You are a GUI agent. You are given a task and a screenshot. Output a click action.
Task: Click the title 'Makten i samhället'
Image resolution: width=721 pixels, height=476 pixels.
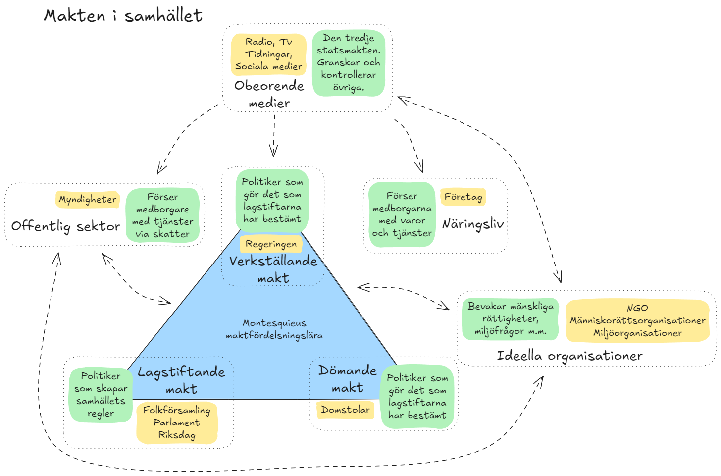click(x=123, y=16)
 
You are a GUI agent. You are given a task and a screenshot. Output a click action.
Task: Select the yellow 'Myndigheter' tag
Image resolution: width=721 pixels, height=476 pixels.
click(x=88, y=199)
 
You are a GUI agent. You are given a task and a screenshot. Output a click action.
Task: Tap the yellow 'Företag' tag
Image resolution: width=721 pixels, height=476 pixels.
click(x=463, y=197)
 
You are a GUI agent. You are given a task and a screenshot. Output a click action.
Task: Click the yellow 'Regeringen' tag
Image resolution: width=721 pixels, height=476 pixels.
click(x=271, y=244)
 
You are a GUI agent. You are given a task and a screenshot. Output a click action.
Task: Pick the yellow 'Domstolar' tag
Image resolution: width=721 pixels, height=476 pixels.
click(x=345, y=410)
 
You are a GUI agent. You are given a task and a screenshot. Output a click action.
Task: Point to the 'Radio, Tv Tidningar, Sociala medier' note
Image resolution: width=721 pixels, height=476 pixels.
click(x=268, y=54)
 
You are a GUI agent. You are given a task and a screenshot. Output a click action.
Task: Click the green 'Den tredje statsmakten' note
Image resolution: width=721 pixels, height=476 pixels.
click(x=349, y=63)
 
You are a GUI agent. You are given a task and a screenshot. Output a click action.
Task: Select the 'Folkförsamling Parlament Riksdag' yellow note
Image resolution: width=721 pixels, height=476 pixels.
click(x=177, y=423)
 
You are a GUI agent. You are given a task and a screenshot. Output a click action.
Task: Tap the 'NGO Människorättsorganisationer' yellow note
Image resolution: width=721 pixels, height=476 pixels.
click(x=637, y=320)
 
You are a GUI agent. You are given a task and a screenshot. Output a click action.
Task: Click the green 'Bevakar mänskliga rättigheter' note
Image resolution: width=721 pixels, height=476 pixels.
click(x=511, y=319)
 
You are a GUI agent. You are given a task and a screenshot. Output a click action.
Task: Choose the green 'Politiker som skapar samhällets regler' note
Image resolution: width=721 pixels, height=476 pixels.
click(x=101, y=394)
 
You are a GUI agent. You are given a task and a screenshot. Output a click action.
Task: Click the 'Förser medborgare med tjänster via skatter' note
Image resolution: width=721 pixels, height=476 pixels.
click(x=162, y=215)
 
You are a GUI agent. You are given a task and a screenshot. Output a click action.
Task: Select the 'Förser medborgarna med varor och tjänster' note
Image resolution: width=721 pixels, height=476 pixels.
click(x=402, y=214)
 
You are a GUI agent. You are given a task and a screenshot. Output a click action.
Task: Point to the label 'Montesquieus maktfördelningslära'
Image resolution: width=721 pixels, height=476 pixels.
click(x=274, y=329)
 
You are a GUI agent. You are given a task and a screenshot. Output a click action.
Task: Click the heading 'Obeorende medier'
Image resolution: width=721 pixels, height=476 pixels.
click(x=269, y=94)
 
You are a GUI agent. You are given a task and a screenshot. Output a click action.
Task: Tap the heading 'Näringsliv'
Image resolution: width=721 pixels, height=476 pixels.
click(x=473, y=224)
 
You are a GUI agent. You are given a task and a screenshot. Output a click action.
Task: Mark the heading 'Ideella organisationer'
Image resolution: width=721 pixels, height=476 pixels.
click(x=569, y=356)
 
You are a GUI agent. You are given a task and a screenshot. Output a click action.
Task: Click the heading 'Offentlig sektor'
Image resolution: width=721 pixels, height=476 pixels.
click(x=66, y=226)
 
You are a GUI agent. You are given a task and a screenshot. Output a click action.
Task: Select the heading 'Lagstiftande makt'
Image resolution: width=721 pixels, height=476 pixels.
click(x=181, y=380)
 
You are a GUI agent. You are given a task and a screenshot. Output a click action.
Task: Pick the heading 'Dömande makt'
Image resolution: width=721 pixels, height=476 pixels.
click(x=348, y=379)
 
